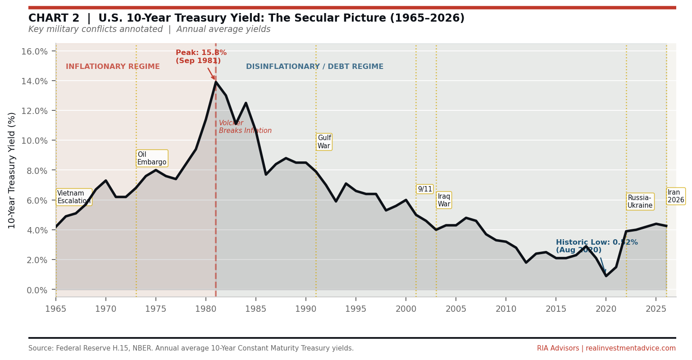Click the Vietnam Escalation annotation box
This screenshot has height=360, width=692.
coord(74,197)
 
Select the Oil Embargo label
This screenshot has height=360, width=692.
coord(152,158)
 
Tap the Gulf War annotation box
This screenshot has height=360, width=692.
coord(324,142)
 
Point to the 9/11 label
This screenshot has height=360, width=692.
coord(424,189)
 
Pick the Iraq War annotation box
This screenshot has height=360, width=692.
coord(444,200)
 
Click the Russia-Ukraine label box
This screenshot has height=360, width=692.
coord(640,201)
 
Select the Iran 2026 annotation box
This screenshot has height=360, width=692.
coord(675,196)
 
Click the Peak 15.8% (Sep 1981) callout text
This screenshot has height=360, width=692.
coord(201,57)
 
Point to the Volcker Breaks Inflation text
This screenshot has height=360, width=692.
coord(245,127)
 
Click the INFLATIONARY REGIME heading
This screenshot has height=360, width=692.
coord(113,67)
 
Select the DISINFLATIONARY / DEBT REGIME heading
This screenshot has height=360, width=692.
coord(314,67)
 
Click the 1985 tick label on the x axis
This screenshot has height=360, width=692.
coord(256,309)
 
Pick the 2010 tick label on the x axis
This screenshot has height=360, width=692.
coord(506,309)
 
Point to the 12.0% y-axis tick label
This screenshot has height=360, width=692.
coord(34,111)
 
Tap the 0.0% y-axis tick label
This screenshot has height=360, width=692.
coord(37,290)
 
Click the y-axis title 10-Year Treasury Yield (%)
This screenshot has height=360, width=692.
coord(12,170)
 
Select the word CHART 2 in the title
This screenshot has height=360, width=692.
coord(54,18)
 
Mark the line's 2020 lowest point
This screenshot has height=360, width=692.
coord(606,276)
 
